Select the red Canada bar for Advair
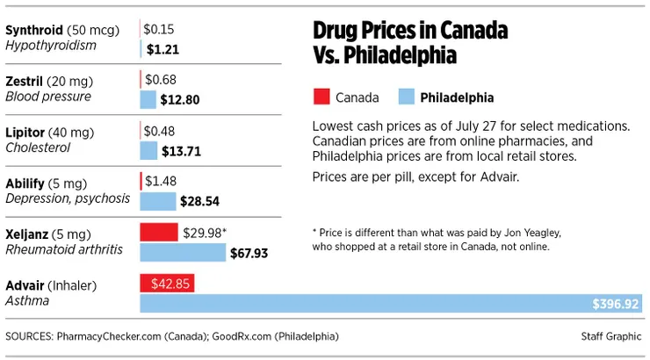pos(167,284)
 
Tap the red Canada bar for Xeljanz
pos(159,232)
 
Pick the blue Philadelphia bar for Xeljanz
pos(183,253)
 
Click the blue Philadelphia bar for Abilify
pos(158,201)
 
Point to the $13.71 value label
pos(182,151)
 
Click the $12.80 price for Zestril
pos(180,99)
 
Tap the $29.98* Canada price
pos(205,232)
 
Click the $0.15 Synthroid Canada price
pos(159,29)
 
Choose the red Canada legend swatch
pos(321,97)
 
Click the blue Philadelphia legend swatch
pos(407,97)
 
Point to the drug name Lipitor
pos(26,132)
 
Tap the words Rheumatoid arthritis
pos(63,250)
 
